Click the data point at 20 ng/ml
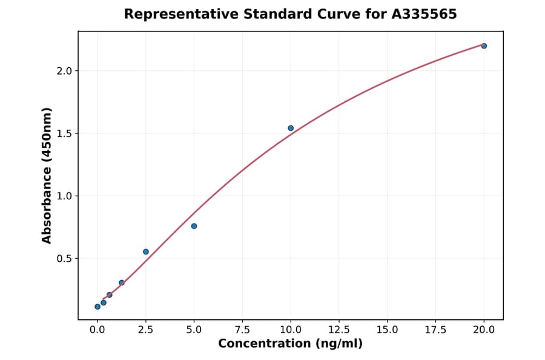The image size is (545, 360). click(484, 46)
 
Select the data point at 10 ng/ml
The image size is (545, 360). click(291, 128)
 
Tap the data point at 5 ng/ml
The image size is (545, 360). click(194, 226)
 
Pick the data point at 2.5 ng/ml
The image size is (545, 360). click(146, 252)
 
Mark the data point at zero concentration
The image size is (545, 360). click(97, 307)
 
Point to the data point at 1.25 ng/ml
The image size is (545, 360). click(122, 282)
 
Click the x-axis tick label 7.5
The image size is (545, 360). click(242, 330)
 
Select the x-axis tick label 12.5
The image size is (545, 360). click(339, 330)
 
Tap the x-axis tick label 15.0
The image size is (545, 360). click(387, 330)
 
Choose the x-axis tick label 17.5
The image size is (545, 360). click(435, 330)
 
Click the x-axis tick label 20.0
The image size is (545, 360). click(484, 330)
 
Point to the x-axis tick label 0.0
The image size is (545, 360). click(97, 330)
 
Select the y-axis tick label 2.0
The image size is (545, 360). click(65, 71)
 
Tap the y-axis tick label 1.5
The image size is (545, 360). click(65, 133)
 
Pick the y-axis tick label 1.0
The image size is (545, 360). click(65, 196)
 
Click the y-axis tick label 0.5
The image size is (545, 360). click(65, 259)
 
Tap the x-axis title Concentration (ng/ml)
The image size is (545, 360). click(290, 344)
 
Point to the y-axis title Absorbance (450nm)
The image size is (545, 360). click(47, 175)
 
